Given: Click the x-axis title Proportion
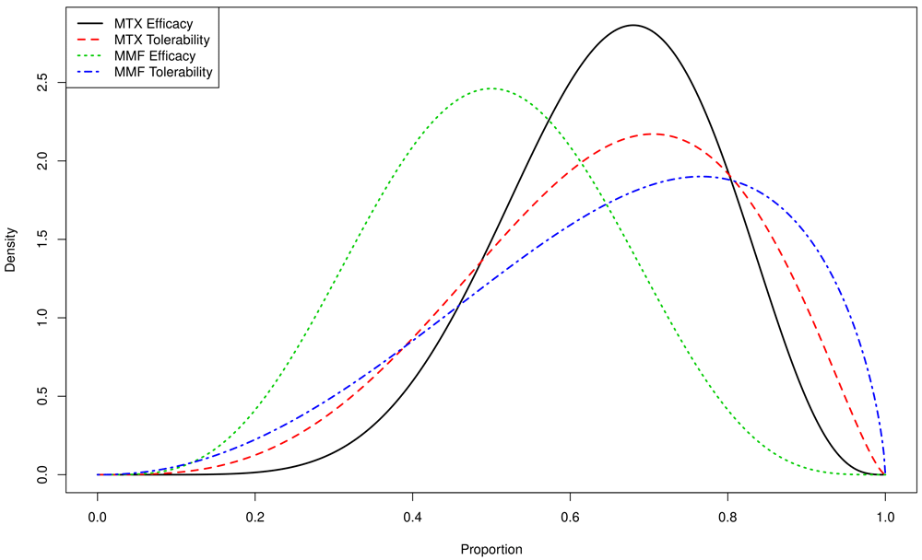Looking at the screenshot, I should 491,549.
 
